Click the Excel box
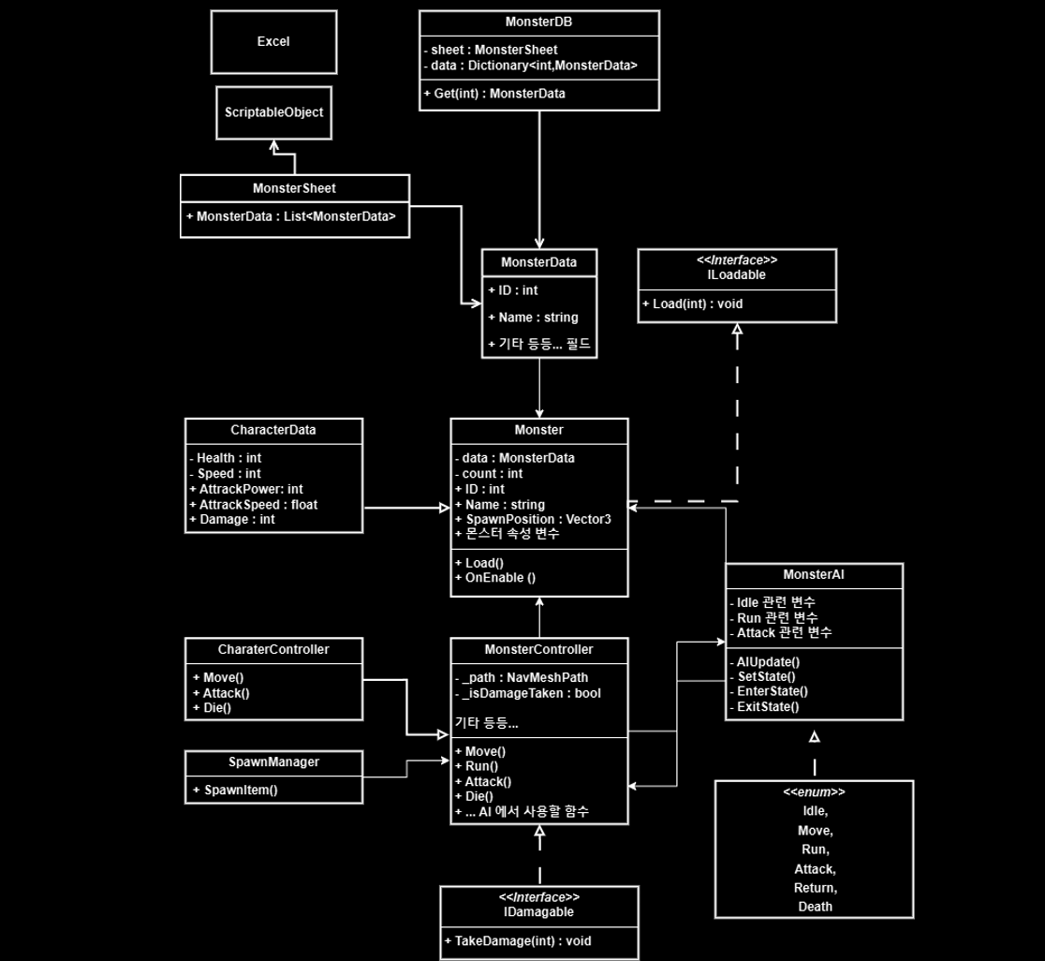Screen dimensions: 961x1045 (x=273, y=42)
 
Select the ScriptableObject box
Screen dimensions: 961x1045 (x=273, y=112)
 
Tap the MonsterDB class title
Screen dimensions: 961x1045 (x=538, y=21)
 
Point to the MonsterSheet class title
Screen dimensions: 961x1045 (x=294, y=188)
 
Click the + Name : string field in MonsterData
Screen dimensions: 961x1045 (x=533, y=318)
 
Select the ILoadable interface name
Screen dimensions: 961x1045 (x=736, y=275)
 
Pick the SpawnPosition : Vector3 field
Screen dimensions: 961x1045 (x=533, y=519)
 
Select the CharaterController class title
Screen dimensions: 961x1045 (x=273, y=649)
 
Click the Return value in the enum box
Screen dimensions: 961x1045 (x=815, y=887)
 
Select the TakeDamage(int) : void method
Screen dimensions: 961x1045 (x=518, y=940)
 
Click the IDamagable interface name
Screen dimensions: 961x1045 (x=538, y=911)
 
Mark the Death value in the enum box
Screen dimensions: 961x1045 (x=815, y=906)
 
